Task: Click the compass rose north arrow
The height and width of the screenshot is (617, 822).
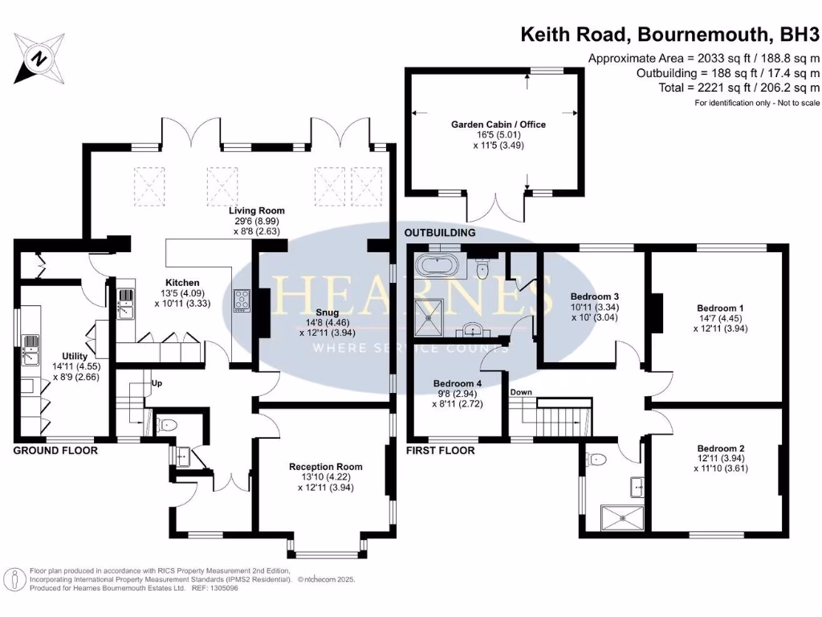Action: click(38, 58)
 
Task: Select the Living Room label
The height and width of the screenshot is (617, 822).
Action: click(256, 210)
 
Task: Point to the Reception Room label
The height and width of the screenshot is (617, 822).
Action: click(326, 467)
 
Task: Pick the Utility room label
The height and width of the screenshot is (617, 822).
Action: click(75, 355)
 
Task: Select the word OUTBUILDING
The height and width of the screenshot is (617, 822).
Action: click(439, 232)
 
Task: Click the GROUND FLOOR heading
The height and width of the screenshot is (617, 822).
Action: click(55, 451)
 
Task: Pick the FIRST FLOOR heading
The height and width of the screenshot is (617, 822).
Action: click(441, 451)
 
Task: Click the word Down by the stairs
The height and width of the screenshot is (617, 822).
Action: click(522, 393)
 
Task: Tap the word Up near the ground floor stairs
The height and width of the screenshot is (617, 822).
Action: click(157, 383)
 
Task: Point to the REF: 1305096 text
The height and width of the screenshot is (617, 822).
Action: click(214, 587)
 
